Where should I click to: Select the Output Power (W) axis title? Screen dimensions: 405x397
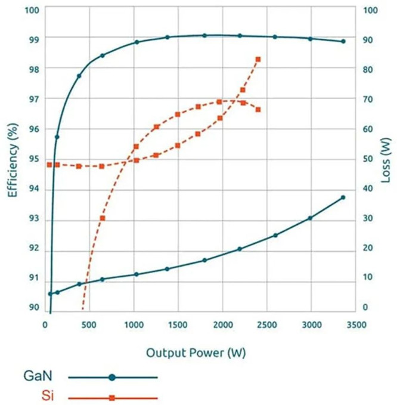pyautogui.click(x=196, y=353)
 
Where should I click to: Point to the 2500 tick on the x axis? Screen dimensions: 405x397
pyautogui.click(x=266, y=324)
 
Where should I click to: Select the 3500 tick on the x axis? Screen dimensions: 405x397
pyautogui.click(x=356, y=324)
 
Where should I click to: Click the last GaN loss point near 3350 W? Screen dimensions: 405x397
pyautogui.click(x=343, y=197)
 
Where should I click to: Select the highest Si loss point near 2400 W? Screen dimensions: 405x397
pyautogui.click(x=258, y=59)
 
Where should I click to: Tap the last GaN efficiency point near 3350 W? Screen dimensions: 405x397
pyautogui.click(x=343, y=41)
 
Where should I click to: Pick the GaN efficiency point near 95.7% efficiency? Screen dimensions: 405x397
pyautogui.click(x=57, y=137)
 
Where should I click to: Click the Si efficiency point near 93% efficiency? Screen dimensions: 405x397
pyautogui.click(x=103, y=218)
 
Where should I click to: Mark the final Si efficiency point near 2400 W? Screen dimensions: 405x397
pyautogui.click(x=258, y=110)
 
